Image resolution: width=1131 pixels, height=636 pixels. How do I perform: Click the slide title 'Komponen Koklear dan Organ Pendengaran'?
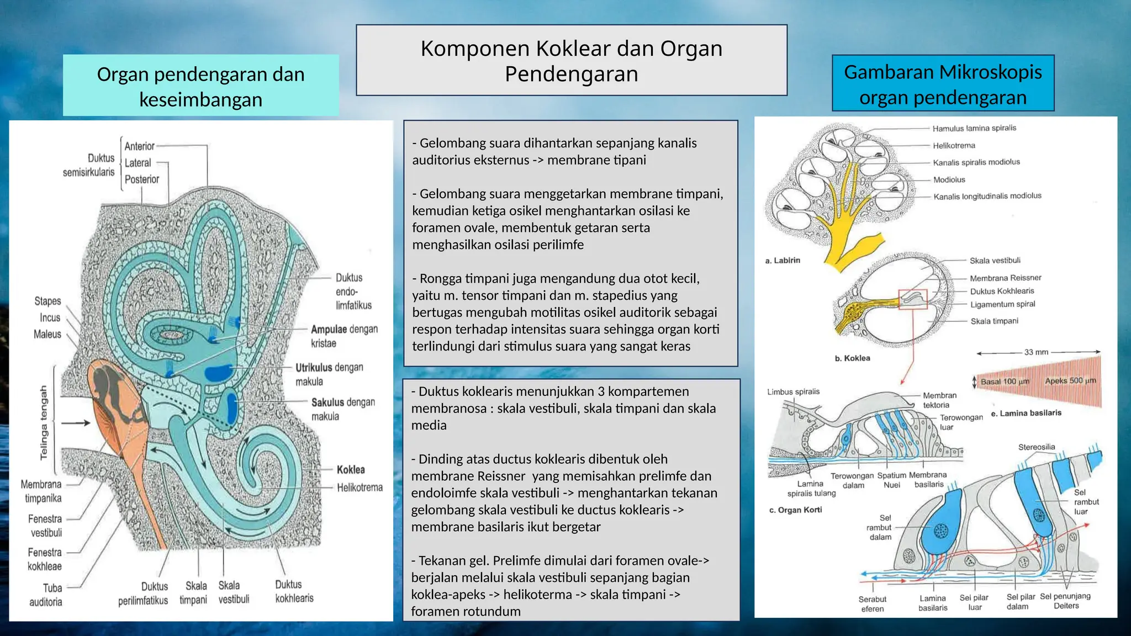coord(571,61)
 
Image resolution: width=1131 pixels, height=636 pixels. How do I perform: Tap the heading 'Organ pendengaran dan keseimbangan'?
coord(200,87)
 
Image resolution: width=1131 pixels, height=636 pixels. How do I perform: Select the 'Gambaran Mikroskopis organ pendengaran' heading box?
coord(943,84)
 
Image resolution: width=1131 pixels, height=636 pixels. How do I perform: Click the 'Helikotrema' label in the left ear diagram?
coord(360,487)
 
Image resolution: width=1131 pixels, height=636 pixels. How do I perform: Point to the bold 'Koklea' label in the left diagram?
coord(351,470)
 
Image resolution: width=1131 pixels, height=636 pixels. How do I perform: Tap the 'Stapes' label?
coord(47,301)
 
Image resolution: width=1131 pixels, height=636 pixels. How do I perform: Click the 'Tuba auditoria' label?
coord(46,595)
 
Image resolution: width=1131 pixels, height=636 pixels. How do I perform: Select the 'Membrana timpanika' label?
coord(41,491)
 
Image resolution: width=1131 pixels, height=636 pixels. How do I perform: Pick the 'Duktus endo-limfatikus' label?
coord(353,291)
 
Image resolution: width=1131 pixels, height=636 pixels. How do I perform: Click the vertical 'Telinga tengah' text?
coord(44,422)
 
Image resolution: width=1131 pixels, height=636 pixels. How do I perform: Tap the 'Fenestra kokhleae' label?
coord(45,559)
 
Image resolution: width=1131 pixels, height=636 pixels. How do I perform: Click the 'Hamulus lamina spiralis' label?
coord(974,128)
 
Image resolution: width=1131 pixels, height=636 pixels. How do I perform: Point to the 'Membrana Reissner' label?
coord(1005,278)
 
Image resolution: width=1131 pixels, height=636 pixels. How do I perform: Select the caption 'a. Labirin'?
coord(783,261)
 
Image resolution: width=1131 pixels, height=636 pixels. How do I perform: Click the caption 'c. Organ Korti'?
coord(795,510)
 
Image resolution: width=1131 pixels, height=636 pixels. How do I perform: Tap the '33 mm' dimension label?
coord(1036,352)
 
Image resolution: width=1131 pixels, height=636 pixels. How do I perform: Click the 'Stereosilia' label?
coord(1037,447)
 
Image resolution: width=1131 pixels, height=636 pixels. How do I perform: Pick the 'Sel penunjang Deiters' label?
coord(1065,601)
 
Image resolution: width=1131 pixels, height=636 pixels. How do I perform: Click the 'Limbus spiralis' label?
coord(793,392)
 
